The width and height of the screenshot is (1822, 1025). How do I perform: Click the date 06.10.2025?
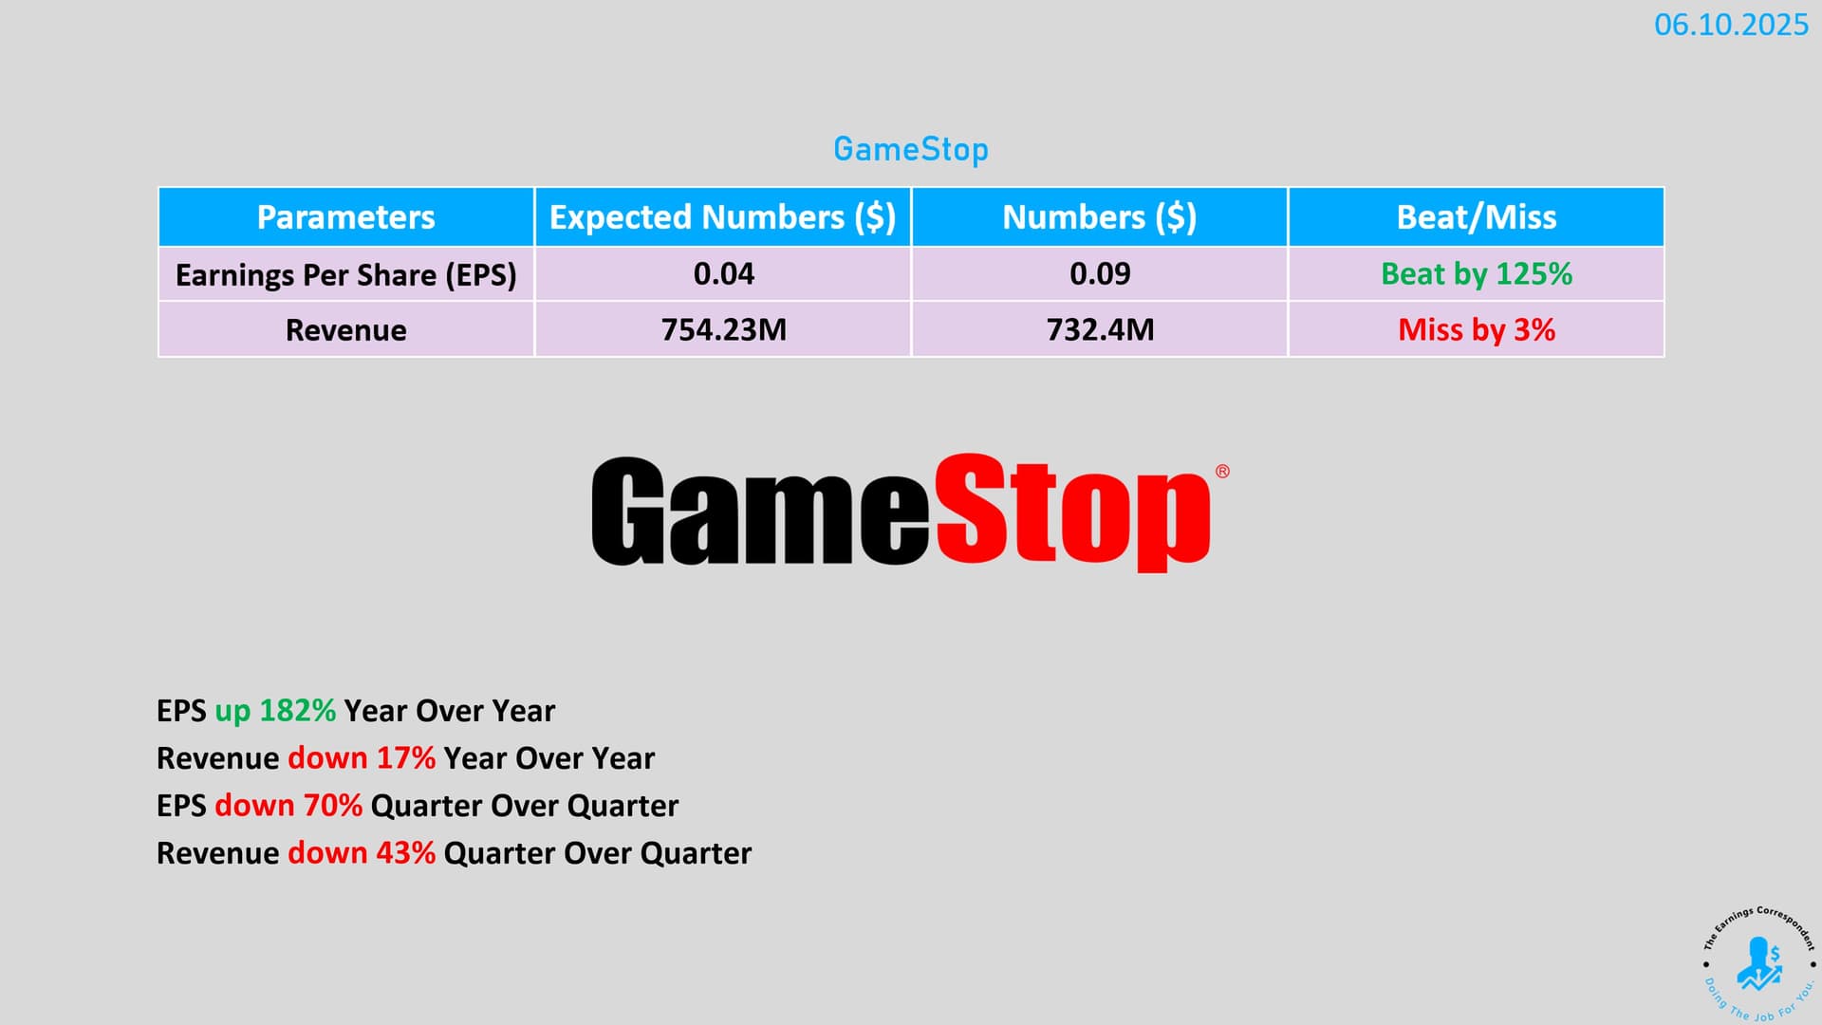[x=1731, y=25]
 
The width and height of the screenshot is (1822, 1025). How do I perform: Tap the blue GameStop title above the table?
[x=911, y=149]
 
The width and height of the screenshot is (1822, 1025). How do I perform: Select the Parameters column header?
[x=345, y=217]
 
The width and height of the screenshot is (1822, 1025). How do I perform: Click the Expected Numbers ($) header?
[x=723, y=217]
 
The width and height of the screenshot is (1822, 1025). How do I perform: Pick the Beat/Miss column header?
[x=1477, y=217]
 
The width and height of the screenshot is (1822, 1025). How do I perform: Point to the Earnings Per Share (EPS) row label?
[x=345, y=275]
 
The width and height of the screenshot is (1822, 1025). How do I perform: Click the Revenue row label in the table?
[x=345, y=330]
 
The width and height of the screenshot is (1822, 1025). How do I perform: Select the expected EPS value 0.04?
[x=723, y=274]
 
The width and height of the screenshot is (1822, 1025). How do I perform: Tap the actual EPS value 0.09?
[x=1100, y=274]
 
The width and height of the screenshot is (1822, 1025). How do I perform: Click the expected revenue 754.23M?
[x=723, y=330]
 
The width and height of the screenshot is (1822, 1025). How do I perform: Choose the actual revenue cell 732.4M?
[x=1100, y=330]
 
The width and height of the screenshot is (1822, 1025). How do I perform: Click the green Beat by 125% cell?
[x=1477, y=274]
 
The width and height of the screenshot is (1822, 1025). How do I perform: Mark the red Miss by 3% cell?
[x=1477, y=330]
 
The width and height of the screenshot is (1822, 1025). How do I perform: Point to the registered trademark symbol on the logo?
[x=1222, y=472]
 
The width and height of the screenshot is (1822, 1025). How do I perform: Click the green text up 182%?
[x=275, y=711]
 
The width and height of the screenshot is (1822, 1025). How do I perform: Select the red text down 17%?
[x=362, y=758]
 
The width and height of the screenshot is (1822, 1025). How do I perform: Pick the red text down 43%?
[x=362, y=853]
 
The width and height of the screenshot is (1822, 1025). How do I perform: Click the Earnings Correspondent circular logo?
[x=1759, y=964]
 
